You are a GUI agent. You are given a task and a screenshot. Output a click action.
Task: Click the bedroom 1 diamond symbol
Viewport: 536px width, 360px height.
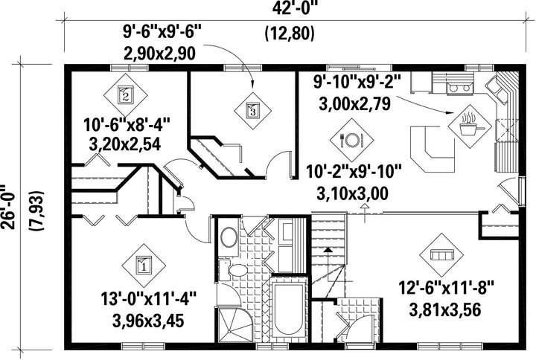pyautogui.click(x=144, y=266)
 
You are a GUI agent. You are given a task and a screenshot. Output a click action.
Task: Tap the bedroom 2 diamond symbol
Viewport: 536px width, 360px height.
pyautogui.click(x=126, y=95)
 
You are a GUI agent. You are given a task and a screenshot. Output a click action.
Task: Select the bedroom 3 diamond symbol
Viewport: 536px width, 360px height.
pyautogui.click(x=252, y=111)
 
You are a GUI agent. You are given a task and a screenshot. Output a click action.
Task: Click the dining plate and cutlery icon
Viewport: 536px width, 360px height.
pyautogui.click(x=351, y=140)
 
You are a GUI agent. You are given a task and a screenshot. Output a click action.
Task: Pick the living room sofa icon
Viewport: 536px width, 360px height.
pyautogui.click(x=441, y=255)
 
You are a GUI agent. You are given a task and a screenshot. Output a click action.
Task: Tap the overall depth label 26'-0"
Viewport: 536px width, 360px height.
pyautogui.click(x=7, y=208)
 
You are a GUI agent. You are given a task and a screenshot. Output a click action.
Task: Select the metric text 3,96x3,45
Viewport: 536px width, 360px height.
pyautogui.click(x=148, y=321)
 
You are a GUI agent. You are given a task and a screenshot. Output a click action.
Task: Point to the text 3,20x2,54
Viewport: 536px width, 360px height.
pyautogui.click(x=125, y=145)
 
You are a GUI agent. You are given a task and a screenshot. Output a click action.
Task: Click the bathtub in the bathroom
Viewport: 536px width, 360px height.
pyautogui.click(x=288, y=309)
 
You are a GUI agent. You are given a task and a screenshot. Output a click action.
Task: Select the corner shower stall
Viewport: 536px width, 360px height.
pyautogui.click(x=234, y=325)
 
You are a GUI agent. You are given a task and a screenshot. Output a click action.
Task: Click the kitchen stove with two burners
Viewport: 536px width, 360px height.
pyautogui.click(x=459, y=88)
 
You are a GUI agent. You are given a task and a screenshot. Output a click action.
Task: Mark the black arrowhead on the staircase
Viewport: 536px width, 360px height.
pyautogui.click(x=328, y=250)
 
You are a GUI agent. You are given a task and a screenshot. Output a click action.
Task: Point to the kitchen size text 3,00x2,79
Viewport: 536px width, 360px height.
pyautogui.click(x=354, y=104)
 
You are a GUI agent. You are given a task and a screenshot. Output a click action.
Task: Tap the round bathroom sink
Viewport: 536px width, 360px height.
pyautogui.click(x=229, y=237)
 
